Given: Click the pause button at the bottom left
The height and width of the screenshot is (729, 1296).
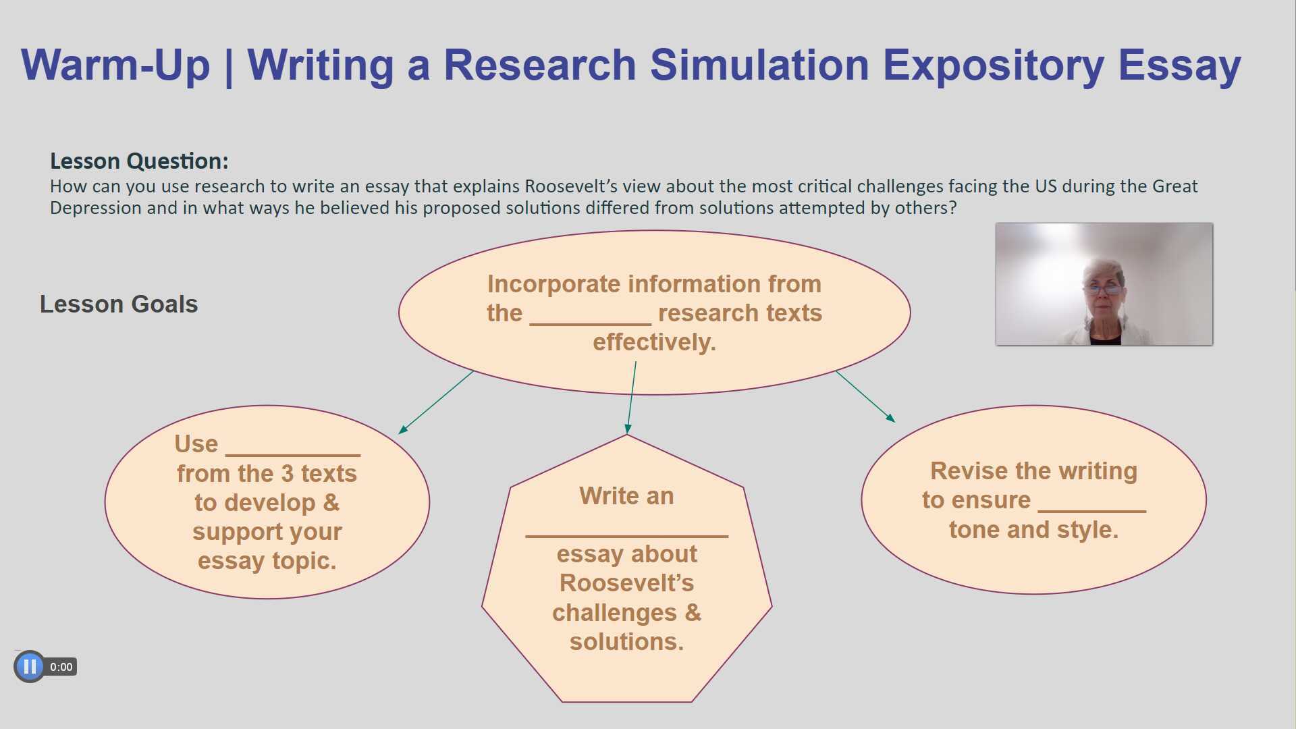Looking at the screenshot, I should pos(29,667).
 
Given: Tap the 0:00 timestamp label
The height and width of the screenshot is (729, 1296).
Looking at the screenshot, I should pos(61,667).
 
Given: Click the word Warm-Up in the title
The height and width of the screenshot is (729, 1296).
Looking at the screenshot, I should pos(115,65).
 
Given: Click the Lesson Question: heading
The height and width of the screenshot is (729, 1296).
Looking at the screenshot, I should pos(139,161).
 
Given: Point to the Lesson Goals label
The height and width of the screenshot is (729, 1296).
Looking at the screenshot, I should pos(119,304).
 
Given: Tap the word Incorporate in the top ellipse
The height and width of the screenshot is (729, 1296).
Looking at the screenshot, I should pos(554,284).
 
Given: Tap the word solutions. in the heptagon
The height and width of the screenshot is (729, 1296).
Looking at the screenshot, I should pos(626,642).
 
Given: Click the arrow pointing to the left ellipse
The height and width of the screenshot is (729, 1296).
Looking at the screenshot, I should pos(436,402).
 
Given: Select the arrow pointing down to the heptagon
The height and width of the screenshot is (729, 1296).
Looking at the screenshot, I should pos(632,398).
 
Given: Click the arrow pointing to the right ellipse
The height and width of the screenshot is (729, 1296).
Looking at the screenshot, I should pos(865,396).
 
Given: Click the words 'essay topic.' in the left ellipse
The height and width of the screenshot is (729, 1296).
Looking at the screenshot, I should pos(267,561).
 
